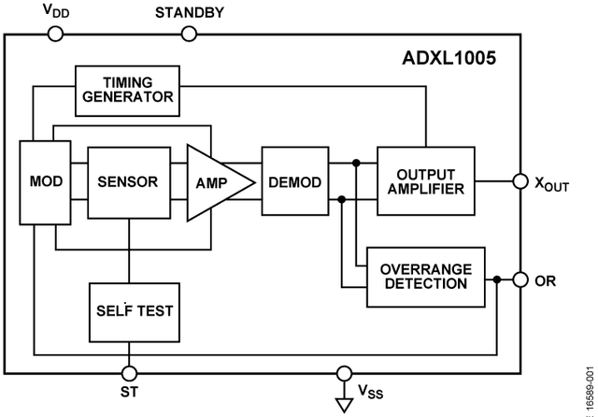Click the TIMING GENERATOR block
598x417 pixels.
[x=127, y=91]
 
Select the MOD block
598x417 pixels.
[x=45, y=182]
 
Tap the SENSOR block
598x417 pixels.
[x=129, y=182]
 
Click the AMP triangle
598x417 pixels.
[x=214, y=182]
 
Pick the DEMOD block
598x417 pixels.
[x=295, y=180]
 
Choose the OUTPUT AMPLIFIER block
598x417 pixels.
[x=426, y=180]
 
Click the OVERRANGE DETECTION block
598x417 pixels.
[x=426, y=277]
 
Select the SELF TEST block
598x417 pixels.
[x=135, y=312]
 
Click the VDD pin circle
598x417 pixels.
[x=55, y=34]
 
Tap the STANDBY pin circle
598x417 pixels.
[x=189, y=34]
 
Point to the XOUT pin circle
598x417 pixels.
[x=520, y=181]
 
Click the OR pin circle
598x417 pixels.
[x=520, y=280]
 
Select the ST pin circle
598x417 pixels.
[x=129, y=373]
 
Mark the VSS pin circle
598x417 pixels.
[x=344, y=373]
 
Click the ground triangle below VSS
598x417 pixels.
[x=344, y=405]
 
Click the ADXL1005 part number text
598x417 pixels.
[x=448, y=58]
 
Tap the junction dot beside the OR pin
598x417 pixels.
[x=496, y=280]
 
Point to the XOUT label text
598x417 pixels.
[x=552, y=184]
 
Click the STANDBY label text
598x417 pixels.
[x=190, y=12]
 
